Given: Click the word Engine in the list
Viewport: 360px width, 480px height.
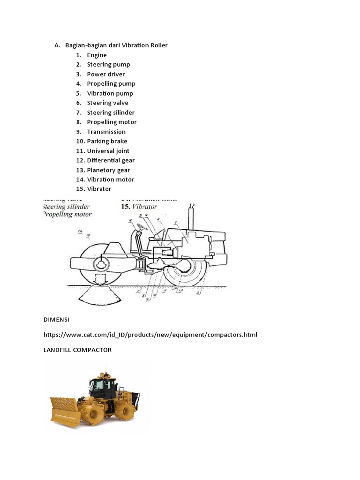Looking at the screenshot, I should click(97, 55).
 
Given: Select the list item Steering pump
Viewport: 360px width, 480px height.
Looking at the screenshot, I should click(108, 64).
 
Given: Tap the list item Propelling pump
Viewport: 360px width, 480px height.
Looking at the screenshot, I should click(111, 83).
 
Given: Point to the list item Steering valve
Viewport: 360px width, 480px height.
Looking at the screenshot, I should click(107, 103).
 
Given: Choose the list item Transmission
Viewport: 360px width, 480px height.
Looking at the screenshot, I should click(106, 132).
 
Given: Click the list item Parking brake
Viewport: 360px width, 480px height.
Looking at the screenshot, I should click(107, 141).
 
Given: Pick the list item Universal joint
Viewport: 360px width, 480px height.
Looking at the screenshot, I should click(108, 151).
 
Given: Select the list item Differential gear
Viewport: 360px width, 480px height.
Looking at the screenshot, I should click(111, 160).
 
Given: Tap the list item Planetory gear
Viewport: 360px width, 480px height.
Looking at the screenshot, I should click(108, 170).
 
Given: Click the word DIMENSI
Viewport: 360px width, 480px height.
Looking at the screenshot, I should click(56, 319).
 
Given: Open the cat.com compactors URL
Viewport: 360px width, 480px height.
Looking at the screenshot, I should click(150, 335).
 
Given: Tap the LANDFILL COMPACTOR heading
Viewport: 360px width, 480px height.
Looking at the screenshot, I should click(77, 350).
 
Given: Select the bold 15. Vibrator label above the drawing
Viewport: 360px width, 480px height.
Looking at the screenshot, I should click(139, 206).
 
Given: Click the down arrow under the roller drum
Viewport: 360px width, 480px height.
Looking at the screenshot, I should click(100, 280).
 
